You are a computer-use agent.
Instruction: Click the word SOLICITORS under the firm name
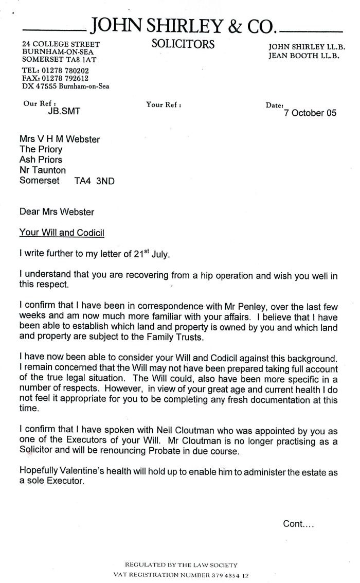(183, 44)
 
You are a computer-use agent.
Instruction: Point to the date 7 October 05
(310, 113)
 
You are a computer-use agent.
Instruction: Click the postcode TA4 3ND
(91, 181)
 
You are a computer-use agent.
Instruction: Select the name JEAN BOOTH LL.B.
(303, 56)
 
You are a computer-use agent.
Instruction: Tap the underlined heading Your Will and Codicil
(62, 233)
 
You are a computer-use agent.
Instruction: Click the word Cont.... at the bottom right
(298, 524)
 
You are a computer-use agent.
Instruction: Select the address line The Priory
(41, 149)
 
